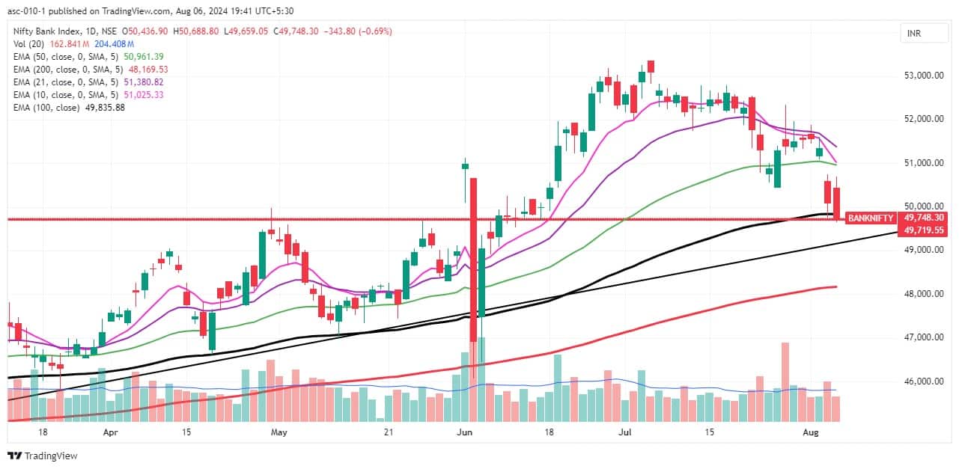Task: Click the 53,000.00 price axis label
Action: click(x=924, y=76)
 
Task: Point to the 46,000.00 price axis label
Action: click(x=924, y=381)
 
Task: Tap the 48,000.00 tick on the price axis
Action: click(x=924, y=293)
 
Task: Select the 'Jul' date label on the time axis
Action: click(x=625, y=432)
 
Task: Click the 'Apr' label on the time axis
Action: click(x=111, y=432)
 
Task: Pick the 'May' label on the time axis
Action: click(x=278, y=432)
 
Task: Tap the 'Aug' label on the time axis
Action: click(x=811, y=432)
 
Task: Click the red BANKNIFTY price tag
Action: click(x=871, y=218)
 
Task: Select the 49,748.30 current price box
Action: click(x=924, y=218)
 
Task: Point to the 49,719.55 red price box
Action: click(x=924, y=230)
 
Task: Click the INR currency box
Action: click(x=924, y=34)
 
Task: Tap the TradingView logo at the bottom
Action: click(x=43, y=456)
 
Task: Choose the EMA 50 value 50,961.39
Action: click(x=144, y=57)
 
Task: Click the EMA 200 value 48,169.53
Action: click(x=148, y=70)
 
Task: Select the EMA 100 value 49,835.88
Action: click(x=105, y=108)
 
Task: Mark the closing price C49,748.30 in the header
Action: click(x=296, y=31)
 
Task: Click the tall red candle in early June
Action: click(x=473, y=260)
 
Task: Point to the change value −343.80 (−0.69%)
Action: click(x=358, y=31)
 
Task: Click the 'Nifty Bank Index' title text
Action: click(x=46, y=31)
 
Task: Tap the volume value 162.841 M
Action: click(x=70, y=44)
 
